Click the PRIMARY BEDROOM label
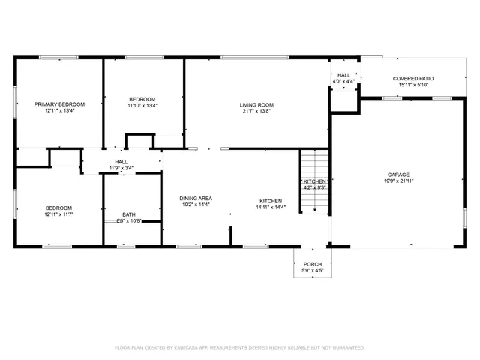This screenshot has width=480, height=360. pos(59,103)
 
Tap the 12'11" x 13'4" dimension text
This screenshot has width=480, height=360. pos(59,111)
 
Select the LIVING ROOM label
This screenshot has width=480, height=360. pos(256,104)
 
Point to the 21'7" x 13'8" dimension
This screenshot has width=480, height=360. pos(256,112)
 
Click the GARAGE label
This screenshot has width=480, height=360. pos(398,174)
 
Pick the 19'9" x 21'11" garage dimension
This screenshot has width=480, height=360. pos(398,181)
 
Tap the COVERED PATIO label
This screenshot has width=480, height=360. pos(413,78)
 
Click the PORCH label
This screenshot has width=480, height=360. pos(312,265)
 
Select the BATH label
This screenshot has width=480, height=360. pos(129,214)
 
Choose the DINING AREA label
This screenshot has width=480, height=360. pos(194,197)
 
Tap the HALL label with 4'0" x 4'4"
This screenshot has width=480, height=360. pos(343,75)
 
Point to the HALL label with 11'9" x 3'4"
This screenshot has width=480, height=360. pos(121,161)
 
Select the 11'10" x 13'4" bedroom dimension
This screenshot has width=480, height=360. pos(142,106)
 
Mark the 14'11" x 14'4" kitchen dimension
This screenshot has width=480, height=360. pos(271,208)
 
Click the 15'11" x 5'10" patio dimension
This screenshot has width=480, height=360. pos(413,85)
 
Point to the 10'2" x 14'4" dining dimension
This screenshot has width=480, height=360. pos(194,205)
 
